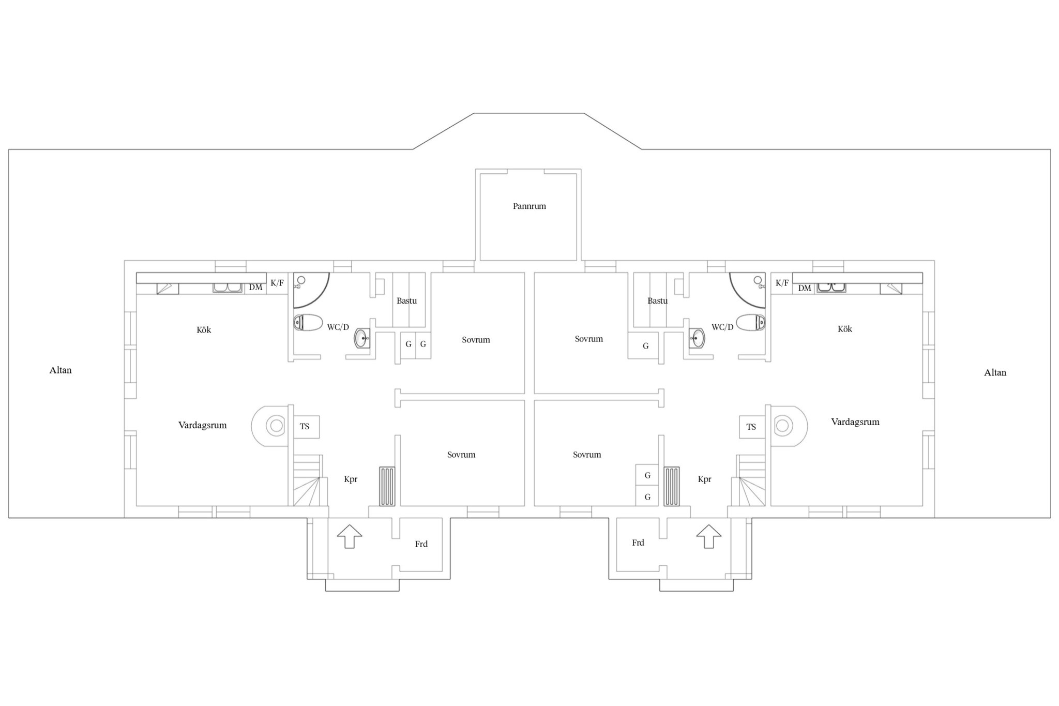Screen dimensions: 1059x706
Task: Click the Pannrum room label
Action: coord(529,206)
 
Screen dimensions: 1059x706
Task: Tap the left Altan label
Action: coord(60,370)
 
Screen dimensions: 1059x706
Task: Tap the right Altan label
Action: coord(995,372)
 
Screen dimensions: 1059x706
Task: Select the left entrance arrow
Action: coord(350,536)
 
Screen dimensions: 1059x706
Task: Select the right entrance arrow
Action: coord(708,536)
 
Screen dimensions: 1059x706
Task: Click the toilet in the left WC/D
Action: coord(308,322)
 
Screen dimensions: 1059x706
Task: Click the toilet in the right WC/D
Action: coord(751,322)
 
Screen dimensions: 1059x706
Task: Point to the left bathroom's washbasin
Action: coord(362,338)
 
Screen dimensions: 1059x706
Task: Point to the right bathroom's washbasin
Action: coord(697,338)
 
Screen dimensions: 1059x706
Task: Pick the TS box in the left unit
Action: coord(306,427)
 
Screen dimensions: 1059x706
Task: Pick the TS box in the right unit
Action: coord(752,427)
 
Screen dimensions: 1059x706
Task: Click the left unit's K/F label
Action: coord(277,283)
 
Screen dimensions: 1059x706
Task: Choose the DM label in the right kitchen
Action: coord(805,288)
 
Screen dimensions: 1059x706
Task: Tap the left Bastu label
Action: coord(406,301)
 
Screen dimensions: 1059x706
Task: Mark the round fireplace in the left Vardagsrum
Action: coord(270,426)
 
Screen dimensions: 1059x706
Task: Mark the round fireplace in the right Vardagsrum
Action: coord(789,426)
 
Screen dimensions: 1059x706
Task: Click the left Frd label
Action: coord(421,544)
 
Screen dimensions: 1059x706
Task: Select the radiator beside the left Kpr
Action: coord(387,486)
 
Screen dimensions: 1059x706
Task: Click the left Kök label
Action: coord(204,330)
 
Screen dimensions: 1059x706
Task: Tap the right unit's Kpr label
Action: coord(704,479)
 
